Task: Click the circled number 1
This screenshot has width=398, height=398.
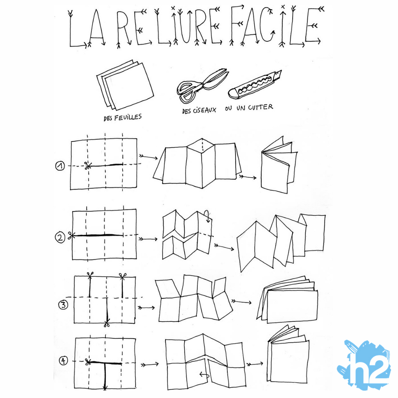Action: pos(60,166)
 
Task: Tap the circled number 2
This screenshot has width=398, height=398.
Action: pos(60,237)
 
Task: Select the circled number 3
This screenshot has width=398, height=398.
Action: pos(63,305)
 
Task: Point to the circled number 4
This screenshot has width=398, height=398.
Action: pos(63,361)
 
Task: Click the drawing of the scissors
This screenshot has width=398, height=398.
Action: pos(202,85)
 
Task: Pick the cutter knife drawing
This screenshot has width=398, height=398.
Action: pos(255,84)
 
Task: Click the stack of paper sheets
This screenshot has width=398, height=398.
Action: pos(125,85)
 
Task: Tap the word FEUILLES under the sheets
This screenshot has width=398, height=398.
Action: pos(127,117)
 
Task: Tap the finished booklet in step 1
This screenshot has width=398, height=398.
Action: pos(279,165)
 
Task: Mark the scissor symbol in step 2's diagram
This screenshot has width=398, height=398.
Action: pos(71,235)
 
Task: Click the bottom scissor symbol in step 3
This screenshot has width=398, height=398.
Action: pos(107,324)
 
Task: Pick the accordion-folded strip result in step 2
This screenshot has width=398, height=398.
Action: pos(281,243)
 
